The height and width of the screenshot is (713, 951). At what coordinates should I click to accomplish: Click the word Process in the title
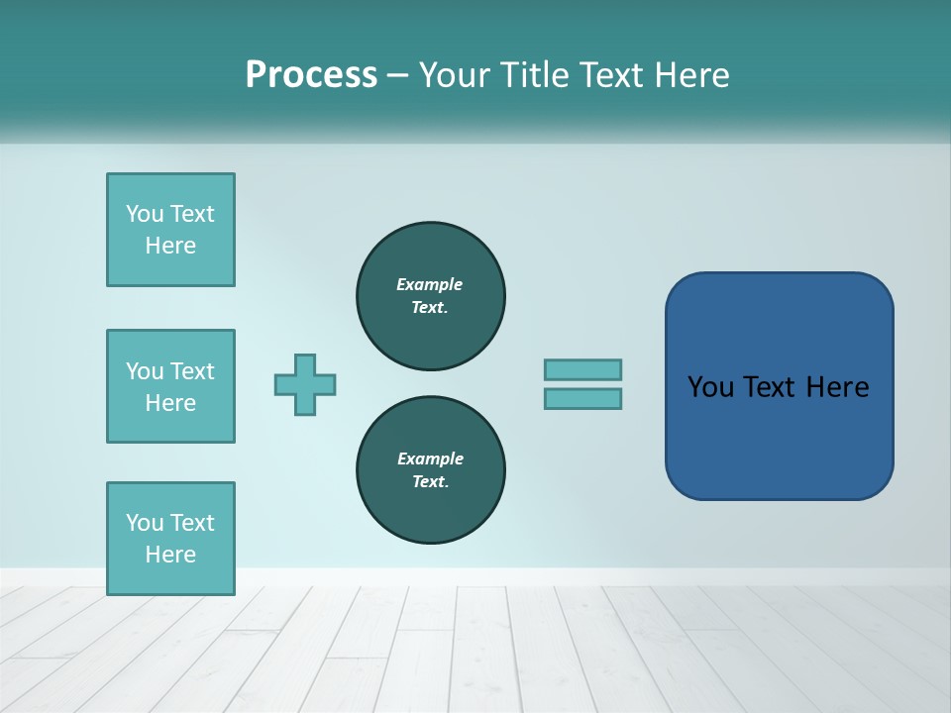point(311,75)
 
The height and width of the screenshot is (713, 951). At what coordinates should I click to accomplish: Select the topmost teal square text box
point(170,230)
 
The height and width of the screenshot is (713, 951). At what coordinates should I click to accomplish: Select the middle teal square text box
point(170,386)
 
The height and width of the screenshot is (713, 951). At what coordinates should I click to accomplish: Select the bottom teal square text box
point(170,539)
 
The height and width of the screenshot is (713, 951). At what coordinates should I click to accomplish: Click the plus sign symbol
point(305,384)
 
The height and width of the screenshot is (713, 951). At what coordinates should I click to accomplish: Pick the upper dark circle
point(431,295)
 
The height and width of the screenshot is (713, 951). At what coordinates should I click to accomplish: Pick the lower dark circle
point(431,470)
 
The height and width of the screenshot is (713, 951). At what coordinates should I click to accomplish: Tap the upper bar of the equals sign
point(582,369)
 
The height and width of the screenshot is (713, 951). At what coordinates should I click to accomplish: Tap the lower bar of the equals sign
point(582,398)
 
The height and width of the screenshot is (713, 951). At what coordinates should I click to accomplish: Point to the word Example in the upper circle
point(430,284)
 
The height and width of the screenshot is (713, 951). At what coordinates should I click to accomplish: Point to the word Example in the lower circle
point(430,458)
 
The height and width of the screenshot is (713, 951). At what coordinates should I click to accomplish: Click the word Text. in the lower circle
point(430,481)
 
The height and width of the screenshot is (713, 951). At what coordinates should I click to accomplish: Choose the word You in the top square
point(145,214)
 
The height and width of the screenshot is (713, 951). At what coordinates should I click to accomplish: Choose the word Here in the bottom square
point(170,555)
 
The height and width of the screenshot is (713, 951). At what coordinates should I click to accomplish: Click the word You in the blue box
point(710,387)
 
